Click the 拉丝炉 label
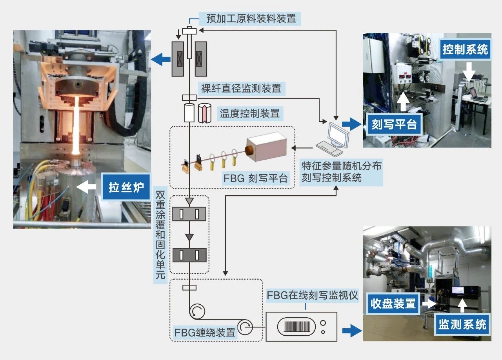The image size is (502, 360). [x=126, y=187]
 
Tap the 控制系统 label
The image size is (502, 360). [x=465, y=49]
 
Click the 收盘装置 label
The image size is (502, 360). [x=393, y=304]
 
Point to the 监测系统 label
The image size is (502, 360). [x=462, y=324]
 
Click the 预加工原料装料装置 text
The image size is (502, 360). [x=251, y=18]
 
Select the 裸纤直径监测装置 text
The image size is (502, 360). [x=242, y=88]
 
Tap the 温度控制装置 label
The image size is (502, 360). [x=250, y=114]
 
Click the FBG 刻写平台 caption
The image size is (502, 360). [x=256, y=178]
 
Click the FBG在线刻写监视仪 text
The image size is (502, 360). [x=312, y=295]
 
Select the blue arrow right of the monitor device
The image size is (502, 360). [x=351, y=331]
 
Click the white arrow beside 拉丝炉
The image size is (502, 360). [x=87, y=187]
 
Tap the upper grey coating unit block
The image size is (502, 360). [x=189, y=214]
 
